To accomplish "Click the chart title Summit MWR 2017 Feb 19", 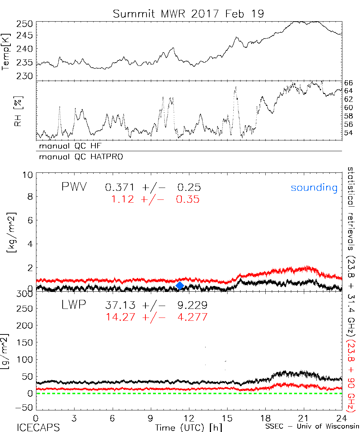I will click(x=188, y=14).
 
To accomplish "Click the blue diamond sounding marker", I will click(x=180, y=285).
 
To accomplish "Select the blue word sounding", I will click(x=314, y=188).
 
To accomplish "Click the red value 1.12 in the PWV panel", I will click(x=122, y=199).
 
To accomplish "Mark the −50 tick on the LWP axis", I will click(x=25, y=408).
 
